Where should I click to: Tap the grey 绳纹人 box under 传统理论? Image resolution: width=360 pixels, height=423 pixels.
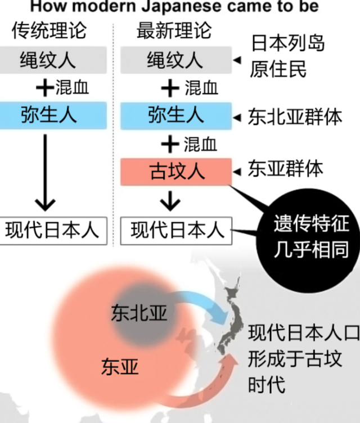point(53,60)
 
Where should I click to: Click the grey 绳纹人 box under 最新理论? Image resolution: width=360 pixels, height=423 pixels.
point(175,60)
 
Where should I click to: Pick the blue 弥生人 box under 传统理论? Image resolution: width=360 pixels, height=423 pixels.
point(53,115)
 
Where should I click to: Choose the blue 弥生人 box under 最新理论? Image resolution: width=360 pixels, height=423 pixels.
point(175,115)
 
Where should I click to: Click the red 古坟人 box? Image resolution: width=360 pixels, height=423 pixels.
point(175,171)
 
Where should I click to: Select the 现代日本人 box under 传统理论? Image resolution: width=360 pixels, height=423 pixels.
point(53,231)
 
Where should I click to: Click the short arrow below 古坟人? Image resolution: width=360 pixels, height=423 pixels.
point(169,200)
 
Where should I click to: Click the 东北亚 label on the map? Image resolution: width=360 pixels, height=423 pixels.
point(139,313)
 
